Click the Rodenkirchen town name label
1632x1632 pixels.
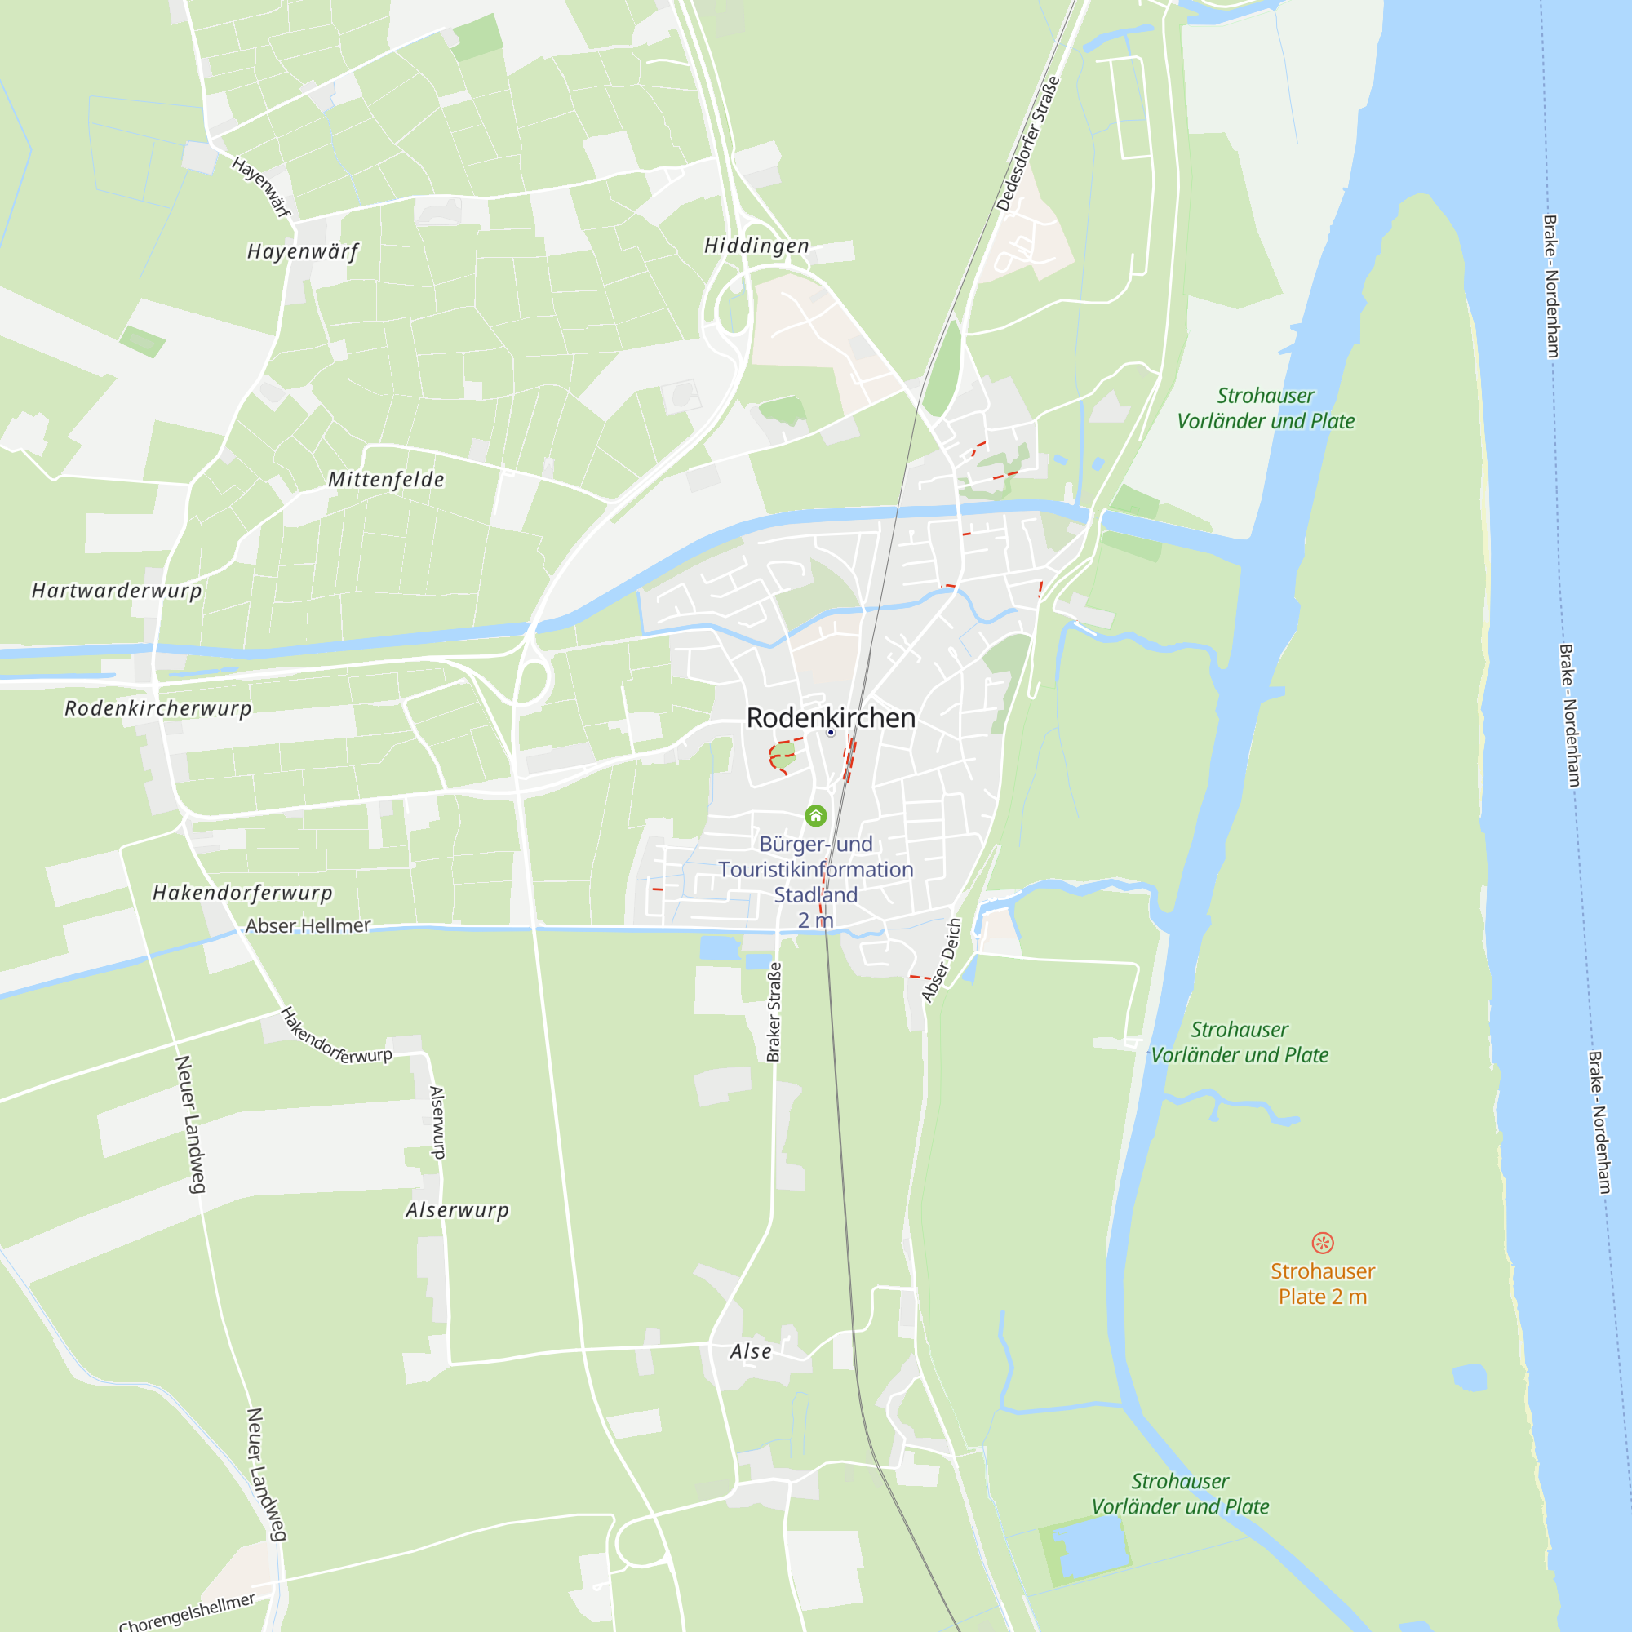[831, 718]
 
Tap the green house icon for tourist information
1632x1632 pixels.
[815, 815]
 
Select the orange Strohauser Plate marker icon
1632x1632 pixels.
[1322, 1243]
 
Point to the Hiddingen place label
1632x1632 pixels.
[757, 246]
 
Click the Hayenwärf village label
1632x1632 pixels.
[303, 251]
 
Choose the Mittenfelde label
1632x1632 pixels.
[386, 480]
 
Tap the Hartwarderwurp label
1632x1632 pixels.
[117, 591]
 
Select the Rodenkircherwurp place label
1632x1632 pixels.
[158, 707]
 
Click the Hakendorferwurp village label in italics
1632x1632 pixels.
[242, 893]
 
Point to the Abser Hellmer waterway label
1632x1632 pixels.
[308, 926]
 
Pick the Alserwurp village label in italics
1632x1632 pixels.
[457, 1210]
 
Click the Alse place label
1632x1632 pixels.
[751, 1351]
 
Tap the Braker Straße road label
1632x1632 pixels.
[774, 1011]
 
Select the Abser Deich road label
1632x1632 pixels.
[942, 960]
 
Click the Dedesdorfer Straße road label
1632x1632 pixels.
[1027, 144]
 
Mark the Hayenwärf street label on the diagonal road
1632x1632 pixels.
[262, 187]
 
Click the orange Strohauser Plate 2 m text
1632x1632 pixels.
[1322, 1284]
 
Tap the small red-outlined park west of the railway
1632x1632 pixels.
[783, 758]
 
